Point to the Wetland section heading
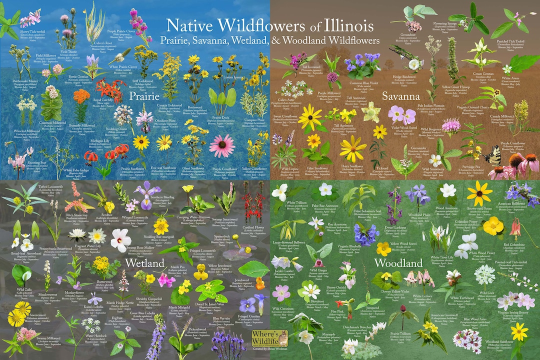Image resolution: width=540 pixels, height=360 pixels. tap(145, 262)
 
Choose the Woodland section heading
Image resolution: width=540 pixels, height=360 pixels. tap(398, 262)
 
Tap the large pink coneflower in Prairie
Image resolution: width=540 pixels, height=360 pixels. tap(221, 145)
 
